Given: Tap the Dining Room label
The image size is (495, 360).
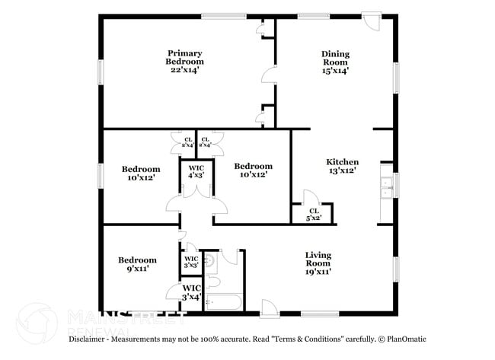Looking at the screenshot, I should [x=335, y=58].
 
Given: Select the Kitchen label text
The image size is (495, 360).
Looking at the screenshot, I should [x=342, y=162].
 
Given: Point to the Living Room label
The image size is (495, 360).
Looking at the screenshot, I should [x=318, y=260].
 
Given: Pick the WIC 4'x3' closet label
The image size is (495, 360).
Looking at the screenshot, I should [x=196, y=171].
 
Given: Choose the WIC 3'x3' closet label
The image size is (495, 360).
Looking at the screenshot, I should [x=191, y=263].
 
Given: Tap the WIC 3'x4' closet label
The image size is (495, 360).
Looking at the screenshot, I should [x=191, y=292].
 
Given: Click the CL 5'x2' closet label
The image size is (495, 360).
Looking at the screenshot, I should [x=313, y=214].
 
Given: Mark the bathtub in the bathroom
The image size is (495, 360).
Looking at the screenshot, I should [x=223, y=304].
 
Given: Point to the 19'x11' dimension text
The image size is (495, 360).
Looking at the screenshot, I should [x=318, y=271].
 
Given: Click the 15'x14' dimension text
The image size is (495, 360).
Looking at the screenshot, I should [x=335, y=70].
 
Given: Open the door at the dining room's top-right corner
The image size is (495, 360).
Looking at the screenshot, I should [x=371, y=21].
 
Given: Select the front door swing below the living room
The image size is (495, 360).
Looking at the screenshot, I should [x=269, y=307].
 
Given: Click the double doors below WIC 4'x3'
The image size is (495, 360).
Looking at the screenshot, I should [x=196, y=202].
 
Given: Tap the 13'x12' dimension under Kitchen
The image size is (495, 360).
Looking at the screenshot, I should [x=342, y=171].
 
